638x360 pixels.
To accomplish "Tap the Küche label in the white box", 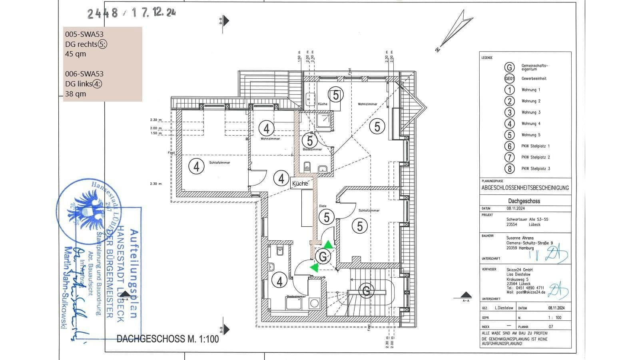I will click(300, 184).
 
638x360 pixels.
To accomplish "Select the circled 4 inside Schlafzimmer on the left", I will click(196, 166).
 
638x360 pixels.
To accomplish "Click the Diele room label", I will click(323, 206).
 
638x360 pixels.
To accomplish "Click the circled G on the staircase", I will click(366, 291).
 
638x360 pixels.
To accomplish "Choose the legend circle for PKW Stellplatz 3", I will click(509, 169).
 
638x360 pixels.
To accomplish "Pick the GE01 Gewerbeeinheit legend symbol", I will click(509, 79).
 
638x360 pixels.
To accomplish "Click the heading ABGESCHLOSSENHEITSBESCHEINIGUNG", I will click(525, 188).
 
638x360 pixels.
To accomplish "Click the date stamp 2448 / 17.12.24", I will click(132, 13).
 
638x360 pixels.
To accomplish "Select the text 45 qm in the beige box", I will click(76, 54).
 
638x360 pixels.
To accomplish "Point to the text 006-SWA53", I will click(84, 74).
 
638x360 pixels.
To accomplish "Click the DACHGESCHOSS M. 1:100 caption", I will click(167, 339).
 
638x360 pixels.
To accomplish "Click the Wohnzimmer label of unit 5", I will click(367, 104).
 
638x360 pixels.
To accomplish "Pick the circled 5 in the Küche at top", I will click(335, 95).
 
